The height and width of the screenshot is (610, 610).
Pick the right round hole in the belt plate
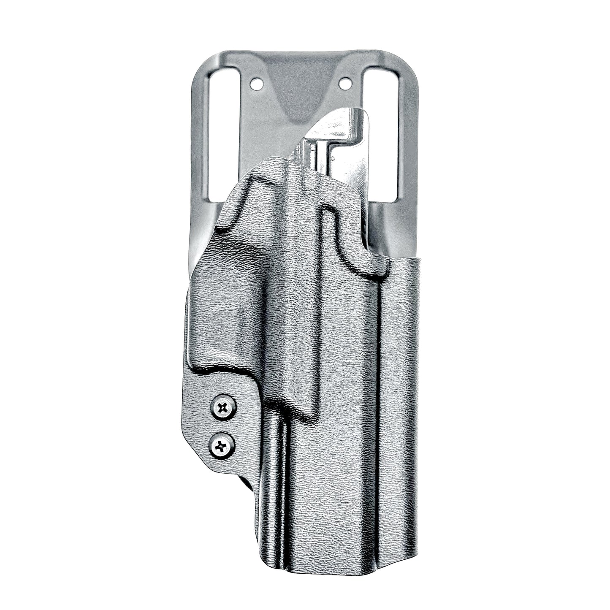345,84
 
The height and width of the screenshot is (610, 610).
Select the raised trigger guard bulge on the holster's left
220,312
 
